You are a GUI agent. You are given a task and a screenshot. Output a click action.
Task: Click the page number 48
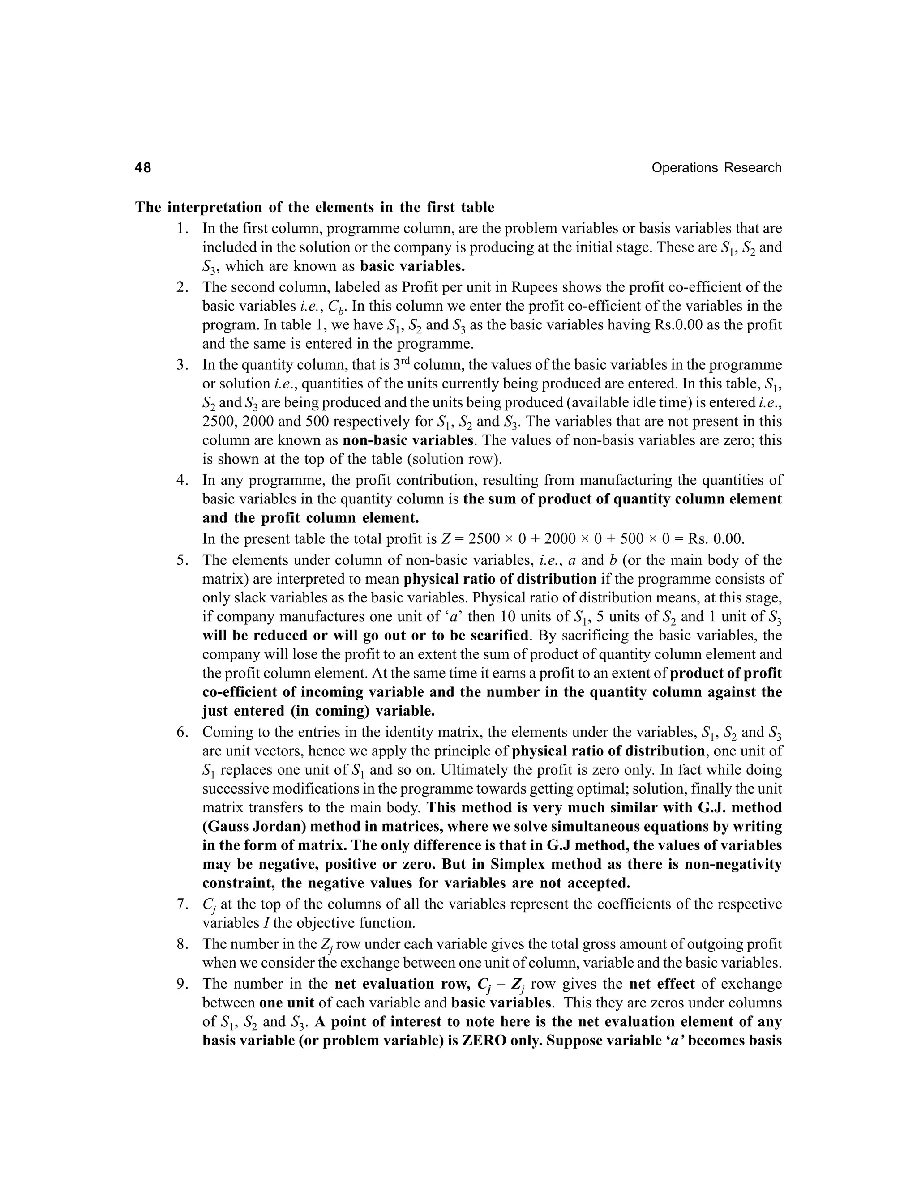143,168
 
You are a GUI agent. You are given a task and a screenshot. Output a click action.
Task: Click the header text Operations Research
716,168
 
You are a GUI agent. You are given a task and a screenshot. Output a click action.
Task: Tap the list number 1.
182,229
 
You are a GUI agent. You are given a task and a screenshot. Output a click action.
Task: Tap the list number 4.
182,480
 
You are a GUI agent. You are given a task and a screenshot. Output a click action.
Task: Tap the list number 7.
182,904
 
